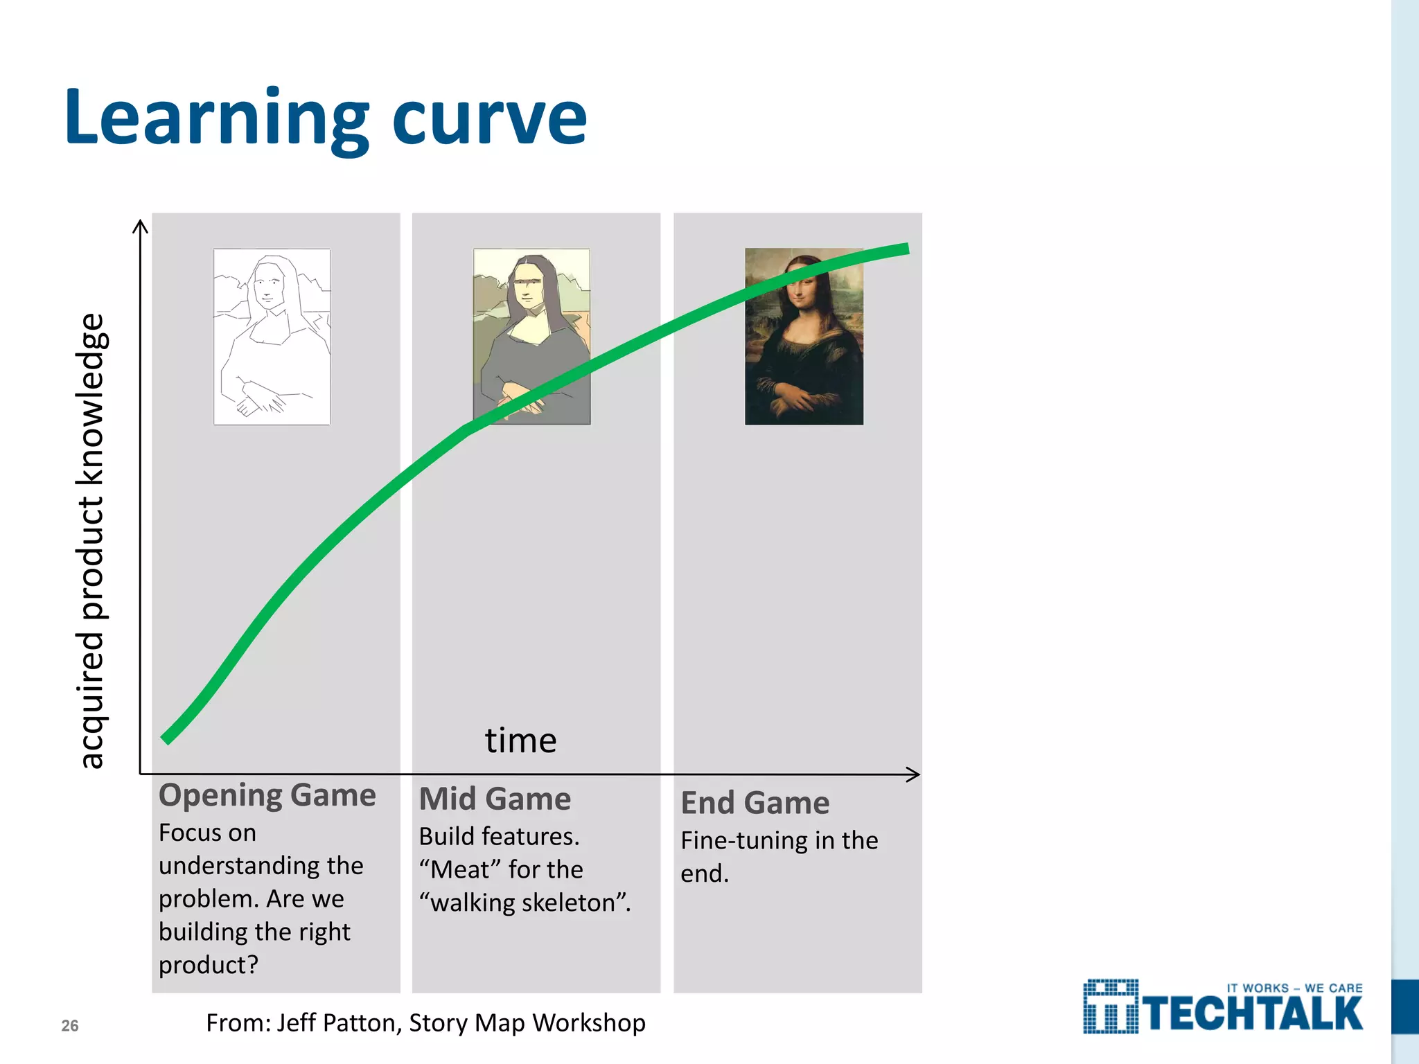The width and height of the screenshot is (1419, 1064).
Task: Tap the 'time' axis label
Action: coord(520,740)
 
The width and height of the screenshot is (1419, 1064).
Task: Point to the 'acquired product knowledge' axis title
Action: coord(91,540)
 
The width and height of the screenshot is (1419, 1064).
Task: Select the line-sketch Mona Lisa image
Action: coord(272,337)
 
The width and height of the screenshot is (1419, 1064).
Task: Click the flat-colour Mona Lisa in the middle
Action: coord(531,337)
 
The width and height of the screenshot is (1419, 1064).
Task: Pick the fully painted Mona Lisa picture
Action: coord(804,337)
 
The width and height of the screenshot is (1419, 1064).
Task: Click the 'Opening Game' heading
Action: coord(267,795)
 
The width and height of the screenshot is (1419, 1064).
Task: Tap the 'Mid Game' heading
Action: coord(495,799)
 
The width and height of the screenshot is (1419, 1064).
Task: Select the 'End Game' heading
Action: coord(755,803)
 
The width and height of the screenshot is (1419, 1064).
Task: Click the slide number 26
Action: coord(70,1026)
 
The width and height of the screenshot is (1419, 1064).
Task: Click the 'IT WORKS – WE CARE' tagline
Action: coord(1294,988)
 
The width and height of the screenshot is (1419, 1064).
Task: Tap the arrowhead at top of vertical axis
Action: coord(140,225)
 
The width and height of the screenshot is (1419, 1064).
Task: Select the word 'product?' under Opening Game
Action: coord(208,965)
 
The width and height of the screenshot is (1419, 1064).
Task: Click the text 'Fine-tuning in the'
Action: coord(779,840)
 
